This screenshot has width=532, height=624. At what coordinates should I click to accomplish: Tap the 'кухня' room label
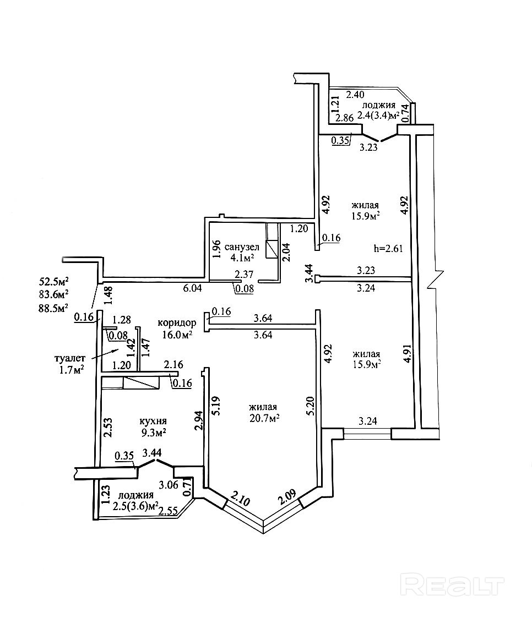154,422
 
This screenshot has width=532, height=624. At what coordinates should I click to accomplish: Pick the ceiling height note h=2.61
388,248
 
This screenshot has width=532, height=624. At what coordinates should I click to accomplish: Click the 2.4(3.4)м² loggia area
377,115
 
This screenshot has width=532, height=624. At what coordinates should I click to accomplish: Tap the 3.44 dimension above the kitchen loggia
151,453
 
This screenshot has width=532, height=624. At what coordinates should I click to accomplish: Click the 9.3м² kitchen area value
154,433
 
